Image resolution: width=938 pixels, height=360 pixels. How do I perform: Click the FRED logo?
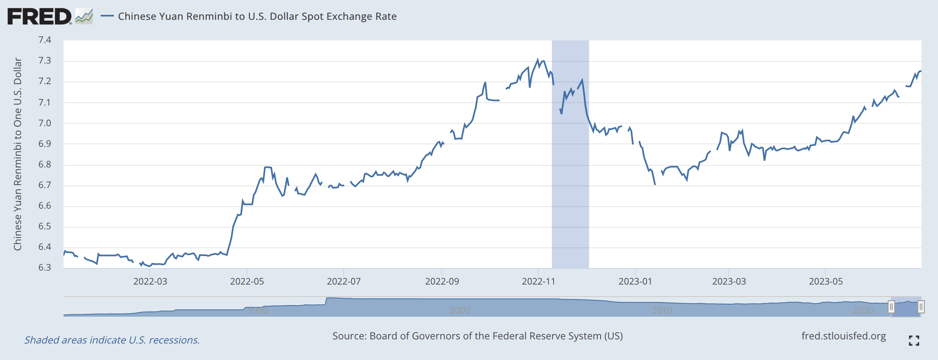point(40,16)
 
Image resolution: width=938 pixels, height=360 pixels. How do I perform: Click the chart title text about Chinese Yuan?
point(257,16)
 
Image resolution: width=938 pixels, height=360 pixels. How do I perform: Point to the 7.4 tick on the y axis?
point(45,40)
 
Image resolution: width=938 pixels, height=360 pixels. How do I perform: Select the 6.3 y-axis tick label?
point(45,268)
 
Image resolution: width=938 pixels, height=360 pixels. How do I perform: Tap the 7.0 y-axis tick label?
point(45,123)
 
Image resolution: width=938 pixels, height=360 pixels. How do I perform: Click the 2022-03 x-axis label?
point(150,282)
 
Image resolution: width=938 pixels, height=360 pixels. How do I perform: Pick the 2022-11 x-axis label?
point(538,282)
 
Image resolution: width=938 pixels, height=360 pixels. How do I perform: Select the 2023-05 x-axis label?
point(825,282)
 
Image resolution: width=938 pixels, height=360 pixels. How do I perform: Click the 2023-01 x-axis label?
point(635,282)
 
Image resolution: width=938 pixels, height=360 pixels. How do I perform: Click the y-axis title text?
point(17,154)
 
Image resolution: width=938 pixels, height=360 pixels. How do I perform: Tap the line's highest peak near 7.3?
point(537,60)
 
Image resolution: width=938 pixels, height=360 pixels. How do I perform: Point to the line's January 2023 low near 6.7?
point(655,184)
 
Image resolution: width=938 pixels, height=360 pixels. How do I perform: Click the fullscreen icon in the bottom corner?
point(914,341)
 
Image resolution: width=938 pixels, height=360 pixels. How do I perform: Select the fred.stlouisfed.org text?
point(843,336)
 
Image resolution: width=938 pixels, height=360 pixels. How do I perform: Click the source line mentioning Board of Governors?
point(477,336)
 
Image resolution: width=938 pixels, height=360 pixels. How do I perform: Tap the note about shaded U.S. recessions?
point(112,340)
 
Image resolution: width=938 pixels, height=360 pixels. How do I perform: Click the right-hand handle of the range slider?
point(921,307)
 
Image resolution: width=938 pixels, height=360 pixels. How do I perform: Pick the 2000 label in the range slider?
point(460,310)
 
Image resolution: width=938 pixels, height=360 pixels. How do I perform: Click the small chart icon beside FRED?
point(84,16)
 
